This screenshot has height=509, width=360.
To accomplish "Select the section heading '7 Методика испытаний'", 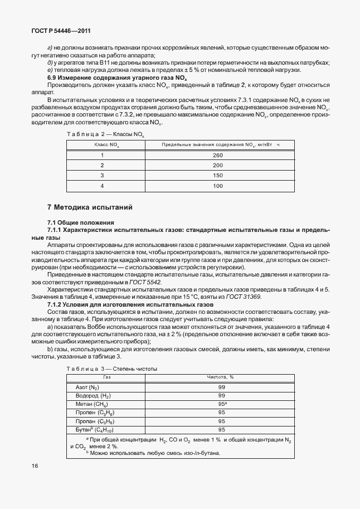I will (90, 207).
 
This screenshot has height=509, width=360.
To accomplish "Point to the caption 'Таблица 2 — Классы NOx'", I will (105, 134).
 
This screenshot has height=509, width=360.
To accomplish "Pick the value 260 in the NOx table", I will (217, 155).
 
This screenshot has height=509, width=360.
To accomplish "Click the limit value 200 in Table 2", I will (217, 165).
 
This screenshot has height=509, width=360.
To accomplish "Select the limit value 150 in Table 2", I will (217, 175).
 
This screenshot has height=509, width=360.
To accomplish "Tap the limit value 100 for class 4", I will (217, 185).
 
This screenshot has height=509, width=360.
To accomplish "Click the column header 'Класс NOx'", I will (106, 144).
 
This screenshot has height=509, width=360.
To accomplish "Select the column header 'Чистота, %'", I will (221, 377).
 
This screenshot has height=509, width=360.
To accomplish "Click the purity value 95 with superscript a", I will (222, 403).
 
